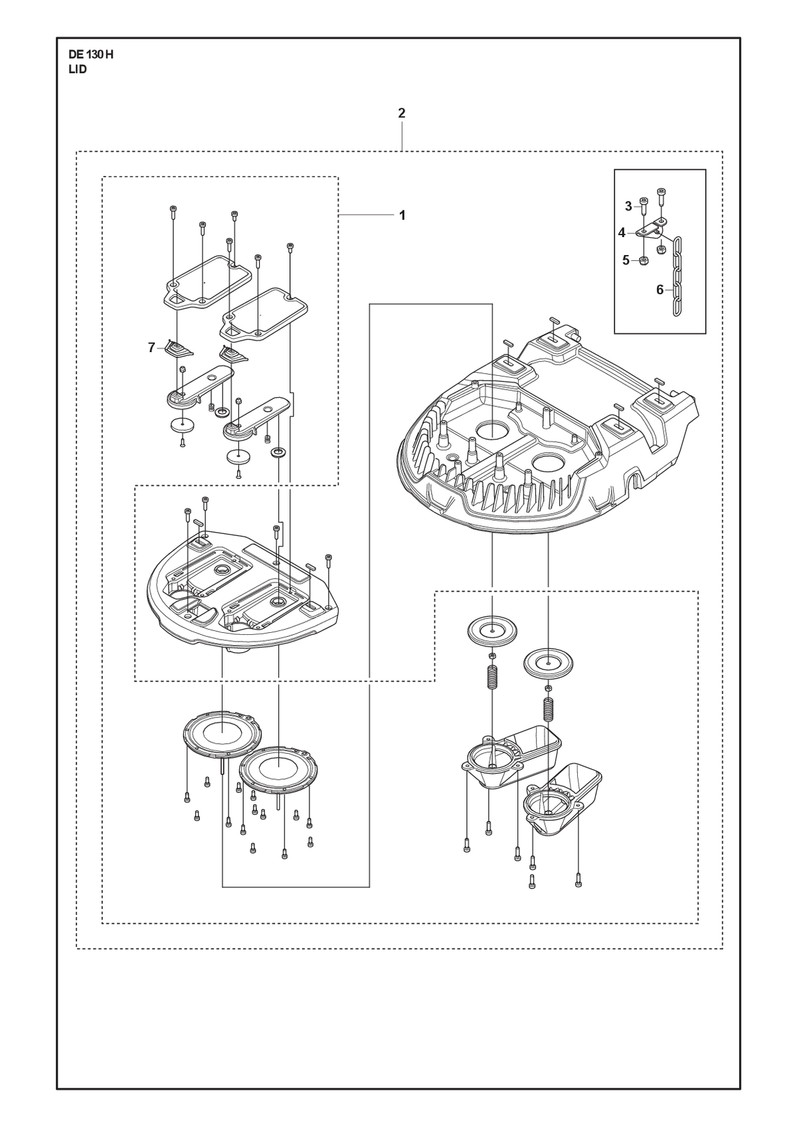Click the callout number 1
coord(402,215)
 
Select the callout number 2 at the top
coord(402,113)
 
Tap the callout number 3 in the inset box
coord(628,206)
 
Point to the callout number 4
coord(622,233)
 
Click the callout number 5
coord(626,260)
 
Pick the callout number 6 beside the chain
coord(660,290)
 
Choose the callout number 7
coord(151,347)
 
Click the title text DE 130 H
coord(91,55)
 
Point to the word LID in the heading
coord(78,70)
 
